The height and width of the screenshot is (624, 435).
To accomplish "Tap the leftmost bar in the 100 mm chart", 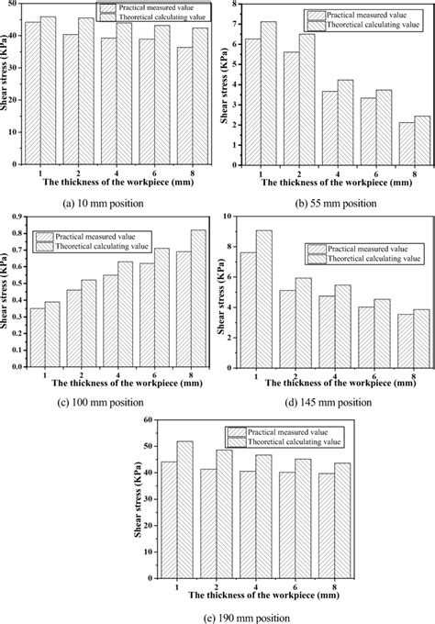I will point(38,337).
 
